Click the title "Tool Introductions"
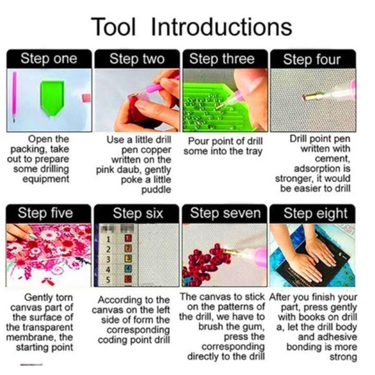pyautogui.click(x=191, y=27)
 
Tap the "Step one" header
pyautogui.click(x=49, y=59)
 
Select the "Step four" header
pyautogui.click(x=312, y=59)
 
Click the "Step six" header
pyautogui.click(x=137, y=214)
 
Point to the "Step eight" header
pyautogui.click(x=312, y=214)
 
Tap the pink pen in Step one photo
pyautogui.click(x=15, y=97)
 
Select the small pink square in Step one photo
pyautogui.click(x=86, y=98)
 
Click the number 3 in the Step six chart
pyautogui.click(x=108, y=259)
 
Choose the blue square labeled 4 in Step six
pyautogui.click(x=129, y=269)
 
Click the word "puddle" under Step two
pyautogui.click(x=157, y=190)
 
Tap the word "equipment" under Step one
pyautogui.click(x=46, y=179)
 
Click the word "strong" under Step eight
pyautogui.click(x=343, y=357)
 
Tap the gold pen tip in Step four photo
pyautogui.click(x=310, y=97)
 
